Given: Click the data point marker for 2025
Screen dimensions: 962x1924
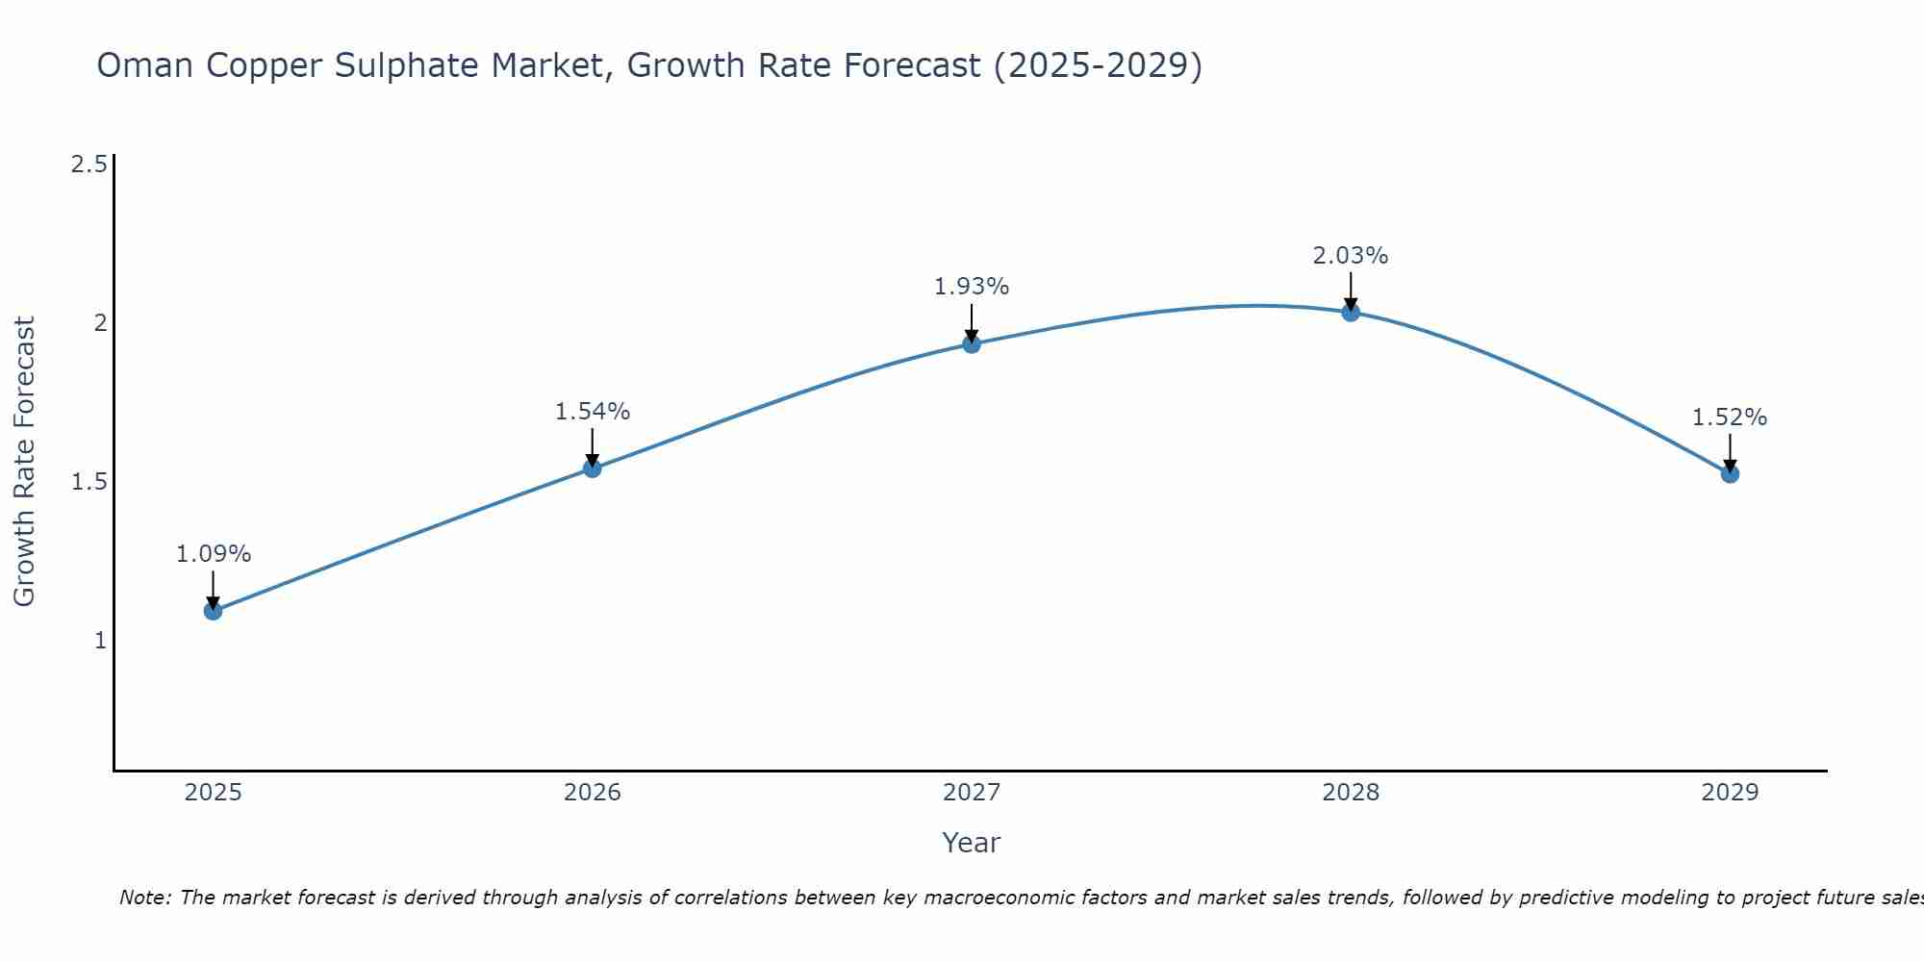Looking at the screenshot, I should (x=214, y=611).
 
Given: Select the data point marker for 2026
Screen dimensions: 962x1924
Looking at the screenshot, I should (x=593, y=468).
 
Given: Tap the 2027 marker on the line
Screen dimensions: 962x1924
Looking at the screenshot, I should (x=972, y=344).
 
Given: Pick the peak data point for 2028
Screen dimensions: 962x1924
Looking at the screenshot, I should (x=1351, y=312).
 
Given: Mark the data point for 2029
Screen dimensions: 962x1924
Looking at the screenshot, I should (x=1730, y=473).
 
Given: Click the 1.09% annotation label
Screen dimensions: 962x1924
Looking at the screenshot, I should (x=214, y=554).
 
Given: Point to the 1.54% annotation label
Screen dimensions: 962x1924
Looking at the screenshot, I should (x=593, y=412).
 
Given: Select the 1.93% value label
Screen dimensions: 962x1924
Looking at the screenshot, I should (x=972, y=287).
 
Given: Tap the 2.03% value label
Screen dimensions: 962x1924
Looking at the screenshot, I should (x=1351, y=256).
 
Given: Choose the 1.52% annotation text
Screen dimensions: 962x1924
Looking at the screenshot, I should (x=1730, y=418).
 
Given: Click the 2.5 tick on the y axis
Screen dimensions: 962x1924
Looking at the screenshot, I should (x=89, y=165).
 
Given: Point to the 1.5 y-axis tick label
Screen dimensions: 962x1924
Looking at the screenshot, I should (x=89, y=482).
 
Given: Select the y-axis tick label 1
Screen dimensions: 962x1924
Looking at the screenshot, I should (x=100, y=641).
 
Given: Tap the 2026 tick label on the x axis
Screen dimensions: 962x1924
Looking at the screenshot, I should (x=593, y=793).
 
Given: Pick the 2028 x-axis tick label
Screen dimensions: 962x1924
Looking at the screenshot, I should (x=1351, y=793).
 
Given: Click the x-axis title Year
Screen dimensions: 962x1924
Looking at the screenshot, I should (x=972, y=843).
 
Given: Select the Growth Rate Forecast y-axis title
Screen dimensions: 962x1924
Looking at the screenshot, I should (x=24, y=462).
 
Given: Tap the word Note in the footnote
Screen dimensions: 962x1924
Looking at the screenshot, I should (x=144, y=898).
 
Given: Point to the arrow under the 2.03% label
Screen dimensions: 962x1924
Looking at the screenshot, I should (x=1351, y=291).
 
